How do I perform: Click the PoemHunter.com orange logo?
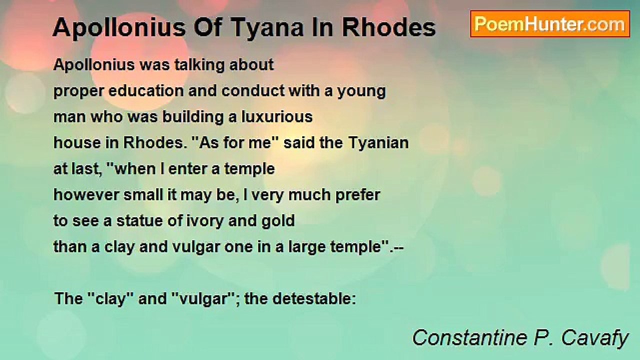[550, 24]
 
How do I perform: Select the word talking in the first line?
[199, 65]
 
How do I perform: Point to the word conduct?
[253, 91]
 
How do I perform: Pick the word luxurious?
[277, 117]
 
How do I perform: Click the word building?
[193, 117]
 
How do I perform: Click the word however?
[86, 195]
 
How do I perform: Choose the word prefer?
[358, 195]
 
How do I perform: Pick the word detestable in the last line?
[314, 299]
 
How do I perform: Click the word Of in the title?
[207, 28]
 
